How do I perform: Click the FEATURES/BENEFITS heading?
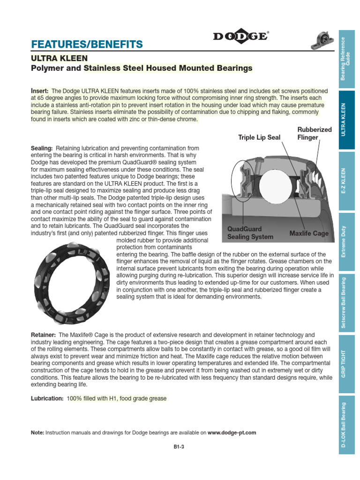(x=87, y=45)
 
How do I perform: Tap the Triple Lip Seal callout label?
(x=259, y=137)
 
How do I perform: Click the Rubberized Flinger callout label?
(x=314, y=133)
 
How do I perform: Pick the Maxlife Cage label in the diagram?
(x=309, y=233)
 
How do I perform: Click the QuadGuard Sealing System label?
(x=250, y=233)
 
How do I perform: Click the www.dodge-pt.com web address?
(x=232, y=433)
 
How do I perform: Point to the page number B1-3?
(x=179, y=447)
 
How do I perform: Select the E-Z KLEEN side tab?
(x=346, y=181)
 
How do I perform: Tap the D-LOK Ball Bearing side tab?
(x=346, y=426)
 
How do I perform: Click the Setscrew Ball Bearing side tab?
(x=346, y=302)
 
